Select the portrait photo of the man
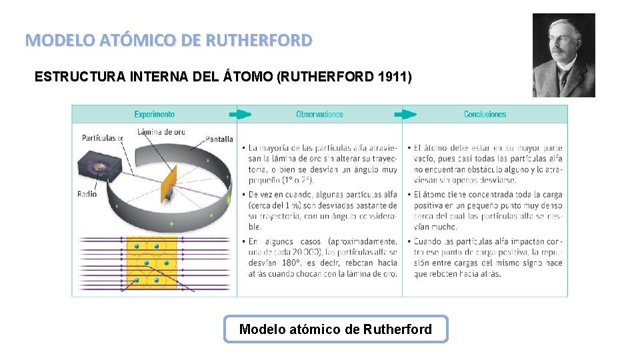tap(563, 55)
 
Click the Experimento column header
tap(154, 114)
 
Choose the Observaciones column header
tap(319, 114)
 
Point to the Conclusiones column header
tap(485, 114)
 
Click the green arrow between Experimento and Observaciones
tap(244, 114)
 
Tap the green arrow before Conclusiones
tap(409, 114)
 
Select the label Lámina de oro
tap(161, 131)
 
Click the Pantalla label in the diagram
tap(219, 139)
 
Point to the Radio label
tap(87, 194)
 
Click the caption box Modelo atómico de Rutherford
tap(335, 329)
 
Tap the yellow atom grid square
tap(151, 263)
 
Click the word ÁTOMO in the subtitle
tap(247, 77)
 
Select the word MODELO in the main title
tap(53, 40)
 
